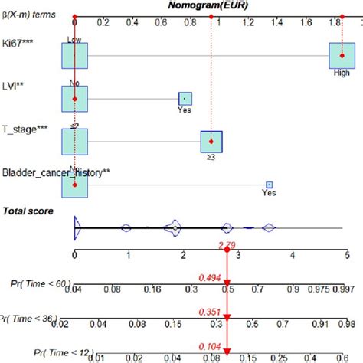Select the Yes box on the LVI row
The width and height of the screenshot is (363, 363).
point(184,99)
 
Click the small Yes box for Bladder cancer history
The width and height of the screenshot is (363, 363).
point(269,185)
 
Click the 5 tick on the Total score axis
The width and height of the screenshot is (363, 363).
point(348,255)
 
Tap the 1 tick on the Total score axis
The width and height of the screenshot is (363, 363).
point(129,255)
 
